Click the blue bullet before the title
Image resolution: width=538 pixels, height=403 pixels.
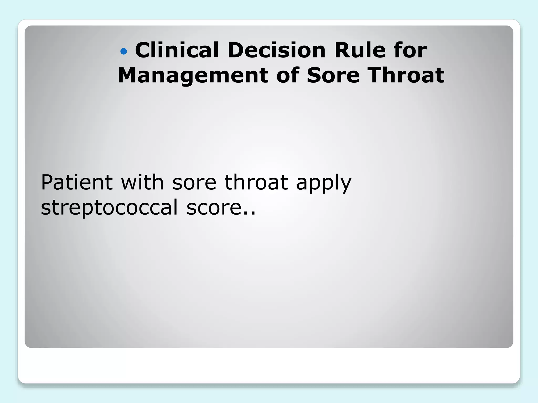point(123,51)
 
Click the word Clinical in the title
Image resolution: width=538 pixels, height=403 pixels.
point(177,50)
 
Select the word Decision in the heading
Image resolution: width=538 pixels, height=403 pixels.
point(277,50)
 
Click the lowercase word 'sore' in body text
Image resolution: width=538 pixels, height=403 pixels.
point(194,183)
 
